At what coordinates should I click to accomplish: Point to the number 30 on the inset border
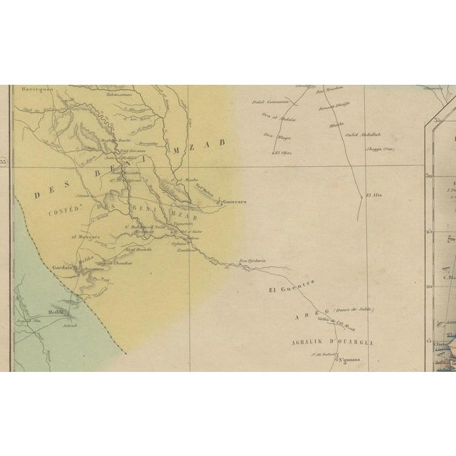click(431, 175)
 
